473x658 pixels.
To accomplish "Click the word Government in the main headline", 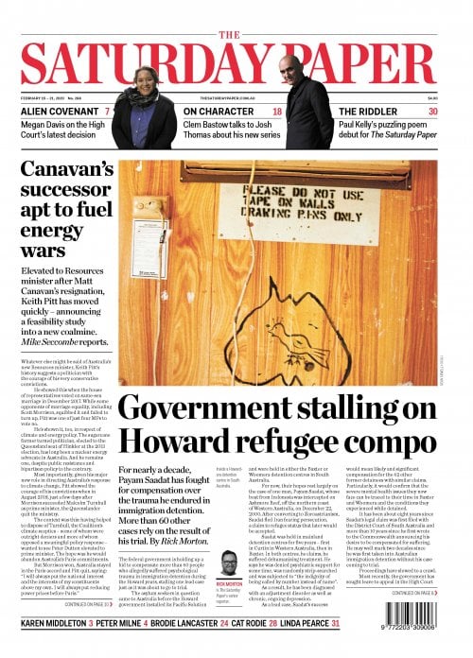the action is (202, 409).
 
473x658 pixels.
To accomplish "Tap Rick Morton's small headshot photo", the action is (228, 563).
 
